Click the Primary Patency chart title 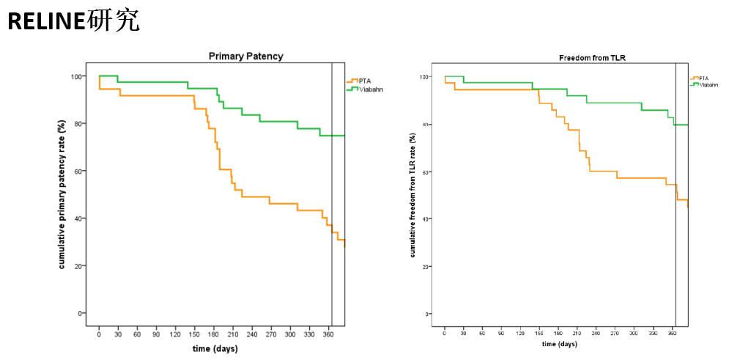pyautogui.click(x=246, y=56)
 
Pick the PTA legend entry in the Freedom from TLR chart pyautogui.click(x=702, y=77)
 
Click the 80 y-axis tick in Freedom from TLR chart pyautogui.click(x=426, y=125)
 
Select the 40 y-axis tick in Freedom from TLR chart pyautogui.click(x=426, y=219)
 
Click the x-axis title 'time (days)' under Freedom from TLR pyautogui.click(x=558, y=343)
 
